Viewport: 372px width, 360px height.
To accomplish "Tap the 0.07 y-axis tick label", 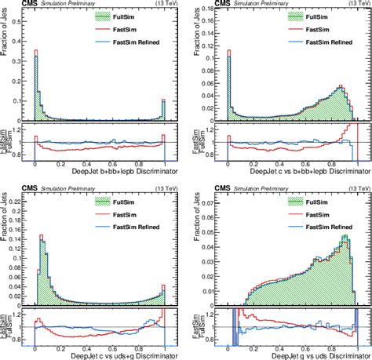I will click(x=210, y=193).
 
